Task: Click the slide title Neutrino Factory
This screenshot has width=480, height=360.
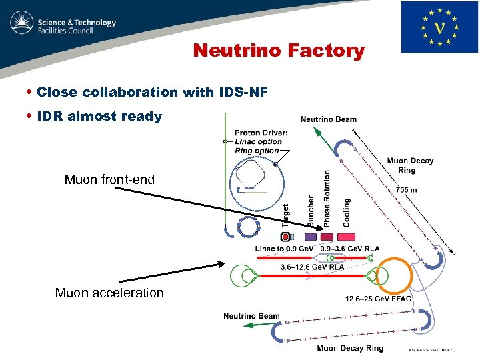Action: click(x=279, y=51)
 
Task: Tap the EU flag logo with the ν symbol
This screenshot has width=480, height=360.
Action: click(x=439, y=27)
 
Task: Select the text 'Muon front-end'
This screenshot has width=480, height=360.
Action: click(x=109, y=179)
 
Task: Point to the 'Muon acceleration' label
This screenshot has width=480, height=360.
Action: click(x=109, y=293)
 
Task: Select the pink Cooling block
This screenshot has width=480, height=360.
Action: click(x=346, y=237)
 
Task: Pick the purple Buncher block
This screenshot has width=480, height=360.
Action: click(x=311, y=237)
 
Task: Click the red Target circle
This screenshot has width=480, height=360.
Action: click(x=285, y=237)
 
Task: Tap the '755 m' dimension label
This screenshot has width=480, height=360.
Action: click(x=407, y=189)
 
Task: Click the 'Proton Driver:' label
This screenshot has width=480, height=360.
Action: click(x=261, y=133)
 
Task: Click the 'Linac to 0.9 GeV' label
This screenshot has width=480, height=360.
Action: click(x=285, y=249)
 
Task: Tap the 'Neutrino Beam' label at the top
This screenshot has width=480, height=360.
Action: click(x=329, y=119)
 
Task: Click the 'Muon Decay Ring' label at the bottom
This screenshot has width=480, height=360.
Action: click(x=350, y=348)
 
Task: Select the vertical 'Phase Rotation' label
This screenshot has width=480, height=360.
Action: click(x=327, y=198)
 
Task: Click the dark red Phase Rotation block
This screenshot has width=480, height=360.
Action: click(x=327, y=237)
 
